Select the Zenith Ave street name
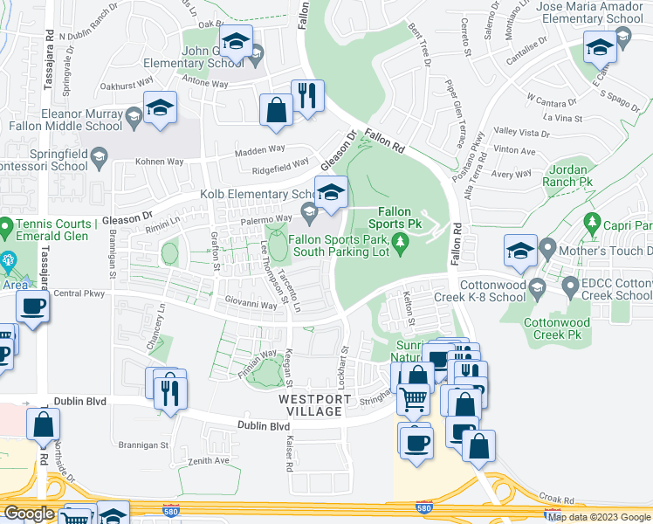(x=209, y=460)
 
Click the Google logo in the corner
(x=29, y=514)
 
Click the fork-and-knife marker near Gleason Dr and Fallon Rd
(x=307, y=96)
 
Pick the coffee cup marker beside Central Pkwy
(x=33, y=308)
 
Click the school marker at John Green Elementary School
(x=236, y=41)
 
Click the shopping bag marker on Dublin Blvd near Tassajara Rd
(x=44, y=424)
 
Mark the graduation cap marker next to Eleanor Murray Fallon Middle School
(x=160, y=108)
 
